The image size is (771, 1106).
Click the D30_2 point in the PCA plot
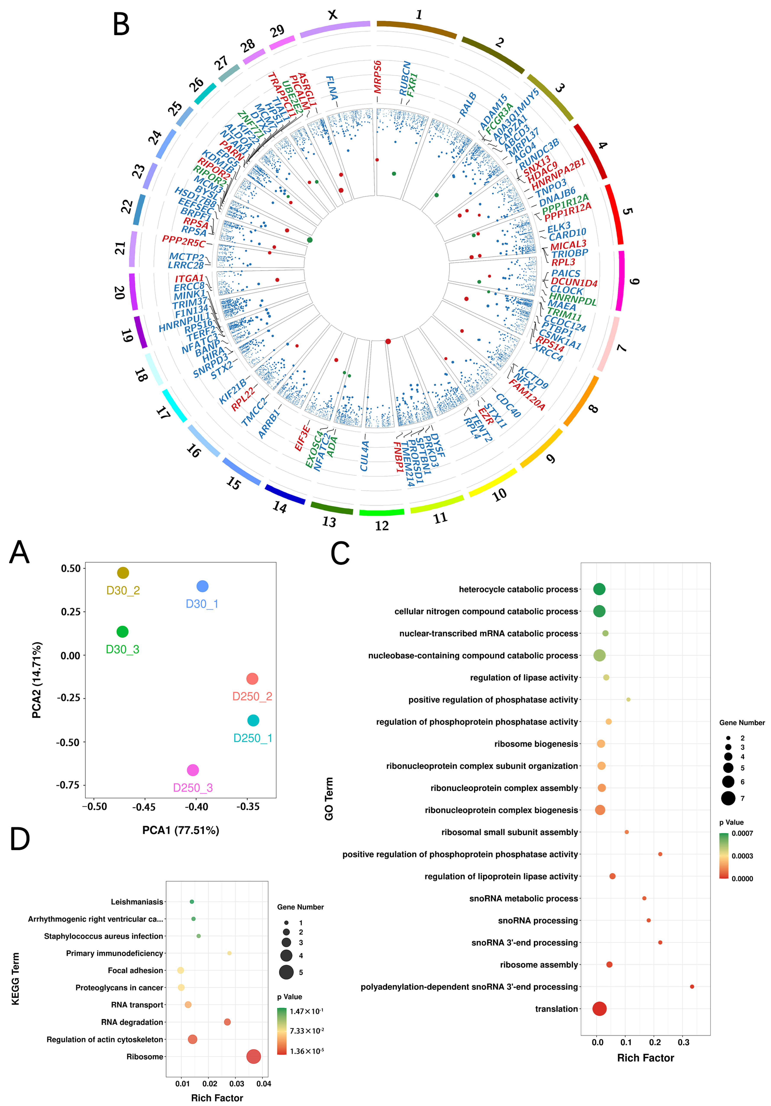point(123,573)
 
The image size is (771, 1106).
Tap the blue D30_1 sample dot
point(202,586)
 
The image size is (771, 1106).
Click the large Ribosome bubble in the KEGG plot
point(254,1056)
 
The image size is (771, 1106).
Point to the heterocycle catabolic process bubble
point(599,589)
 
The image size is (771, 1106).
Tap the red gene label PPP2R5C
point(184,241)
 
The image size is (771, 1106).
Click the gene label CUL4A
point(365,456)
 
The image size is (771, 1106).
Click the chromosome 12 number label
point(382,526)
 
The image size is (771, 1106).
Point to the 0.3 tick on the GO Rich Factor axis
point(683,1042)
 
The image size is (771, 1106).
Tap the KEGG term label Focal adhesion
point(135,970)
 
